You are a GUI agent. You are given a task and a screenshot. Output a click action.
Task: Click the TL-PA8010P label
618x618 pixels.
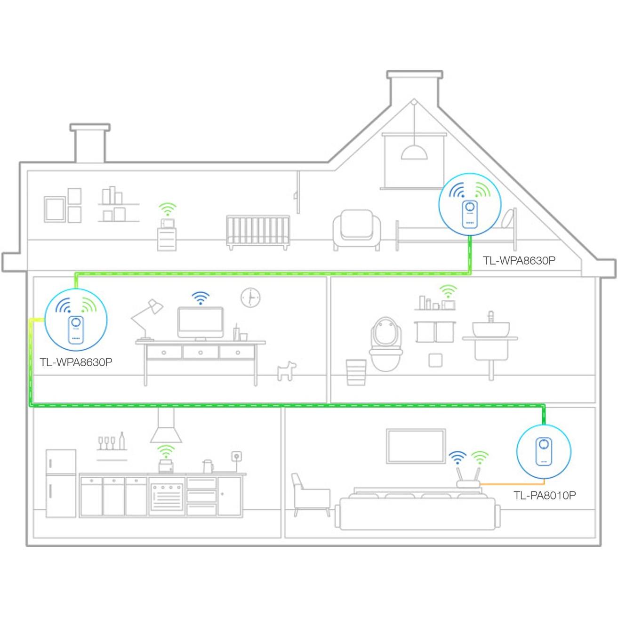pyautogui.click(x=544, y=495)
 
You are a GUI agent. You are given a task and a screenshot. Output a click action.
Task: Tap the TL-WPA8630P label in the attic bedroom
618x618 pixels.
pyautogui.click(x=519, y=260)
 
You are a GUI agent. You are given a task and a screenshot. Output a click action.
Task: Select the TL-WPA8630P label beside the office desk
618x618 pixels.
pyautogui.click(x=76, y=362)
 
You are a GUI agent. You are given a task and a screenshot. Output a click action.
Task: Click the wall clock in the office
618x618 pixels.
pyautogui.click(x=250, y=297)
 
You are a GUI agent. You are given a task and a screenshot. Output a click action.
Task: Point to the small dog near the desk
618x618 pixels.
pyautogui.click(x=286, y=371)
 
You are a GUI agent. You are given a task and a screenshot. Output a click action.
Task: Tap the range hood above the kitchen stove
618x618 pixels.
pyautogui.click(x=166, y=426)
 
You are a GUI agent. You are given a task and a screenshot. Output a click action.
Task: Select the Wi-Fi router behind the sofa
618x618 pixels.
pyautogui.click(x=468, y=479)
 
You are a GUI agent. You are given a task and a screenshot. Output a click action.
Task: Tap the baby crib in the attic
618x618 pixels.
pyautogui.click(x=258, y=232)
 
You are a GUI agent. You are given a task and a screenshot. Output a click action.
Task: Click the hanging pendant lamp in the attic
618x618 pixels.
pyautogui.click(x=414, y=151)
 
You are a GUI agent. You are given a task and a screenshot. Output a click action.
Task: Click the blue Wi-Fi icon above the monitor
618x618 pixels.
pyautogui.click(x=201, y=297)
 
